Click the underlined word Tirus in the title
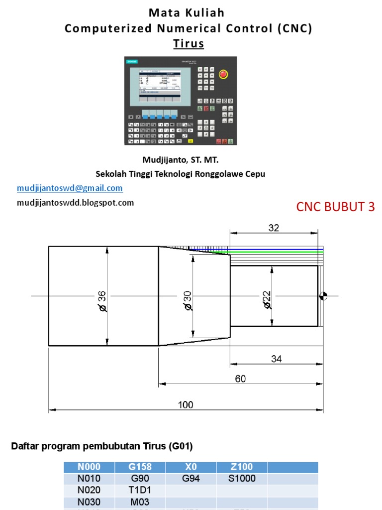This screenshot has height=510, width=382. [189, 44]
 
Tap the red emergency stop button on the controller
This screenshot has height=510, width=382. [223, 75]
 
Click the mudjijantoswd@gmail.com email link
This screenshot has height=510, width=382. [70, 188]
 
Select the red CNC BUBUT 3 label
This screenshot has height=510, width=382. [335, 207]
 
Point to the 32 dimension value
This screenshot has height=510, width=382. [274, 228]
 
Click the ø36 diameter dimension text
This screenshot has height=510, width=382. [102, 301]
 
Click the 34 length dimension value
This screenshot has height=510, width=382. [277, 358]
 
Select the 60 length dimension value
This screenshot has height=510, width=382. [240, 379]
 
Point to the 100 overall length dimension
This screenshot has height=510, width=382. [186, 405]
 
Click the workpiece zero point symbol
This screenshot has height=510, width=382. [323, 296]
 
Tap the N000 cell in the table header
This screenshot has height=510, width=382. [89, 467]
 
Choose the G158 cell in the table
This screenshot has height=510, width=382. [140, 467]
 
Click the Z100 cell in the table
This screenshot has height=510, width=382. [242, 467]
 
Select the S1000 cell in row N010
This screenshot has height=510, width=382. [242, 479]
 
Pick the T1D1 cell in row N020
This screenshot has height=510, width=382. [140, 491]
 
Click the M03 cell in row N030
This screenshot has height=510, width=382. [140, 502]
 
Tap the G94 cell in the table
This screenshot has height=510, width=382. [191, 479]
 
